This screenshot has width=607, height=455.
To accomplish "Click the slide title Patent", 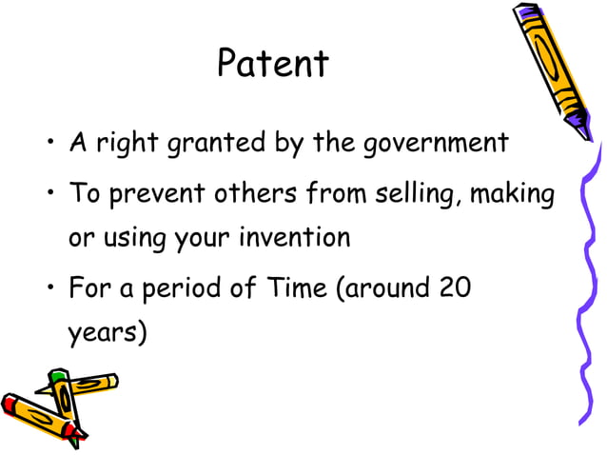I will pos(272,64).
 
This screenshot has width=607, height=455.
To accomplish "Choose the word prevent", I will pos(159,195).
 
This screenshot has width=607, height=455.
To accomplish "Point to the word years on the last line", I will pos(104,333).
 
